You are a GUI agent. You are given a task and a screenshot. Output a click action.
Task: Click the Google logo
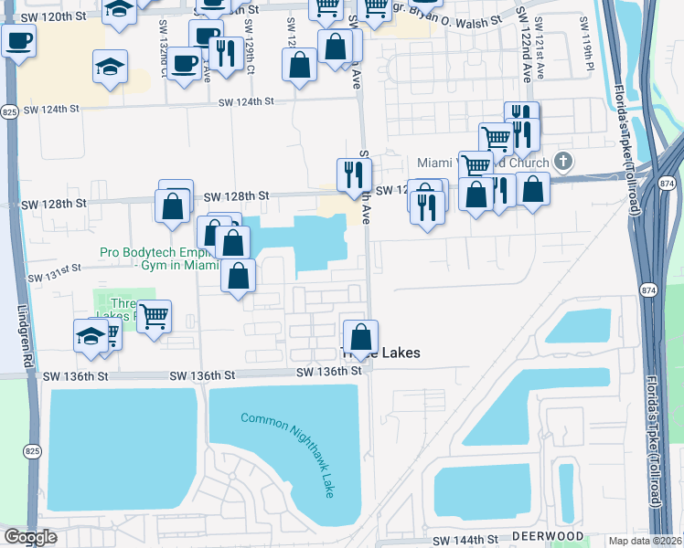pos(31,537)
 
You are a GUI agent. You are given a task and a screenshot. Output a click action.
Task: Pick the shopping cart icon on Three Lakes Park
pos(154,316)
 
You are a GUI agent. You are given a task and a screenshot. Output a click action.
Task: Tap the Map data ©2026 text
pos(646,541)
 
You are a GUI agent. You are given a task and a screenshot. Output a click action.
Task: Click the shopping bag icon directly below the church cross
pos(533,188)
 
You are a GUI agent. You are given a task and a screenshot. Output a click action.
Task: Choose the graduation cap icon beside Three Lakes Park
pos(91,335)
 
